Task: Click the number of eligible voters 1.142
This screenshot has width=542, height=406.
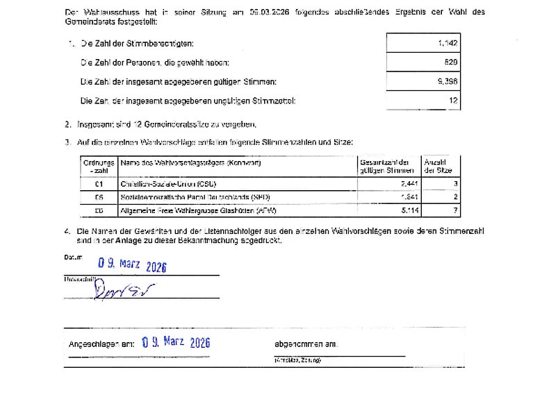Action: [447, 43]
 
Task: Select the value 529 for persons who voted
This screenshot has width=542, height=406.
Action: [450, 62]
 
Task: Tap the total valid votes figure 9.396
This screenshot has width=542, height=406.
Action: [447, 81]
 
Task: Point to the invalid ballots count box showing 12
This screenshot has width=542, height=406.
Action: [453, 101]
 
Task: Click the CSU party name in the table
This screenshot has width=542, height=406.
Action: [169, 184]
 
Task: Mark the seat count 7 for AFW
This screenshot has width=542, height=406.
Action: [455, 210]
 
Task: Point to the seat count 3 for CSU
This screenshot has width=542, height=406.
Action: [455, 184]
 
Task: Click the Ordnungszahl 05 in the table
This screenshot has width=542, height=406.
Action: [99, 196]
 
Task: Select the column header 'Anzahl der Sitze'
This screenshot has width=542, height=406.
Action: [438, 166]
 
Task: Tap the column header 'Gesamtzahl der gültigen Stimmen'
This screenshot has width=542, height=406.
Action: [387, 166]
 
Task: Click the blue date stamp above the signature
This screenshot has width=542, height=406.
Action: [132, 264]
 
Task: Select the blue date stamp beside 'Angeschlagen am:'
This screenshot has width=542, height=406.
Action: [175, 342]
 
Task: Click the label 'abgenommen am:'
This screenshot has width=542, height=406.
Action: [306, 344]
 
